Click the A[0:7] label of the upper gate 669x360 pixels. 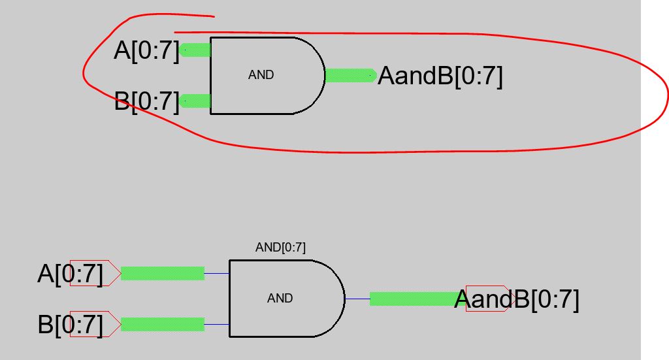pos(146,50)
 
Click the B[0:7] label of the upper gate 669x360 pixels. pos(146,102)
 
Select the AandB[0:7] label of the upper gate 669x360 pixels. pos(440,76)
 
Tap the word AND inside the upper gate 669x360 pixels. pos(261,75)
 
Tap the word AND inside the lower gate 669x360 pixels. pos(280,298)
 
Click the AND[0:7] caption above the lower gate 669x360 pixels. pos(280,248)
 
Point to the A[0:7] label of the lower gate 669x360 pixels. pos(71,274)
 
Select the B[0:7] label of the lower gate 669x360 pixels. pos(71,325)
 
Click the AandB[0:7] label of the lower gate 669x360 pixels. pos(516,299)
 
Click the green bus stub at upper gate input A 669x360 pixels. pos(196,50)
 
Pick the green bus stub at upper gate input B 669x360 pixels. pos(196,101)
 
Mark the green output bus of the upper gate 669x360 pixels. pos(350,76)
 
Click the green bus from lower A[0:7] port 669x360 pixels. pos(163,273)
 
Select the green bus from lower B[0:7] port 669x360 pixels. pos(163,324)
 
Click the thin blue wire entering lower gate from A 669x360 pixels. pos(217,273)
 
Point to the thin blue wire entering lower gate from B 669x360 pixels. pos(217,324)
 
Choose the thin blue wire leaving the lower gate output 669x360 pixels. pos(357,299)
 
